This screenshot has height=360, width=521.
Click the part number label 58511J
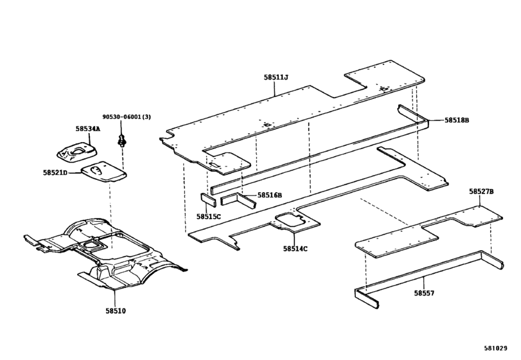click(276, 77)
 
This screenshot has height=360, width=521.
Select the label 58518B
click(457, 120)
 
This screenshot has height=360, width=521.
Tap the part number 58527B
click(481, 192)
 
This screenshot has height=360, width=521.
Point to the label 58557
click(424, 293)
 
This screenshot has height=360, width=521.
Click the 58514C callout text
click(296, 248)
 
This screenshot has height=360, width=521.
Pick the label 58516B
click(269, 195)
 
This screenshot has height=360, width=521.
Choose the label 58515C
click(208, 217)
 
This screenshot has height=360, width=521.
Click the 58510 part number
click(116, 310)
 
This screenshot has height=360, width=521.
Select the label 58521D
click(55, 172)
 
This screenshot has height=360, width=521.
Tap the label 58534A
click(87, 129)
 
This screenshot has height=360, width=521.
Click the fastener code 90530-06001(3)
click(127, 116)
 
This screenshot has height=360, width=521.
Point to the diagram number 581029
click(495, 348)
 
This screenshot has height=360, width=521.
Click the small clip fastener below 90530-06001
click(122, 141)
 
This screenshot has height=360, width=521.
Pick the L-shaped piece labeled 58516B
click(238, 200)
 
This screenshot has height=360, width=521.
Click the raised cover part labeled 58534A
click(77, 153)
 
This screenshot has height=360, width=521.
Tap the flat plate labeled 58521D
click(103, 172)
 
